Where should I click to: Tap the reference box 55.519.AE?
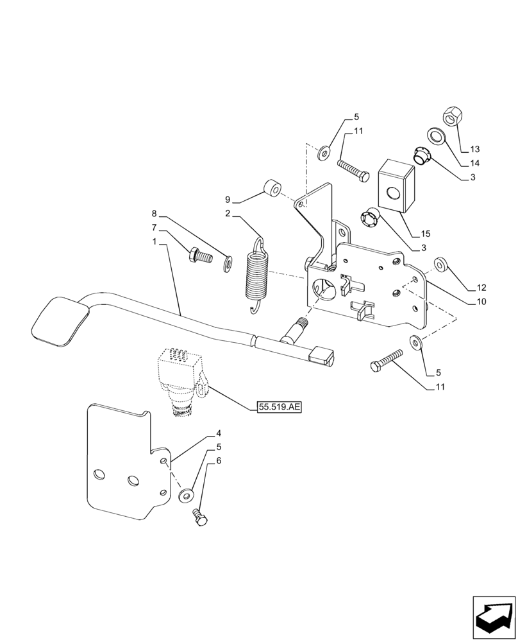(279, 406)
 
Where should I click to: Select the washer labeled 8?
(228, 263)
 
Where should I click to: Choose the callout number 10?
(481, 301)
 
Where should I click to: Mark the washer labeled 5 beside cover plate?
(187, 495)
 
